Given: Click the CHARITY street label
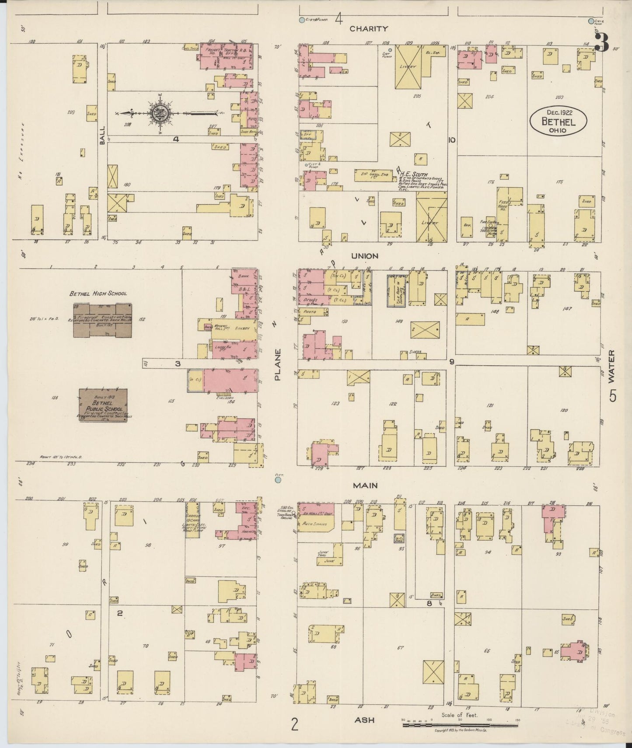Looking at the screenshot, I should pos(369,29).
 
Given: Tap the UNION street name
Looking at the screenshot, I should pos(367,256).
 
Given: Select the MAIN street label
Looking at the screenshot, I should pos(366,485).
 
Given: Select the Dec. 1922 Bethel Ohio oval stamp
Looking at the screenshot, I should pos(558,119).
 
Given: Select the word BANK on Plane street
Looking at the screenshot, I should pos(243,277).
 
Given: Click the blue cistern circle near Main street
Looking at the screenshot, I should pos(278,480).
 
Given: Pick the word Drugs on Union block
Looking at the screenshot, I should pos(309,300).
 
